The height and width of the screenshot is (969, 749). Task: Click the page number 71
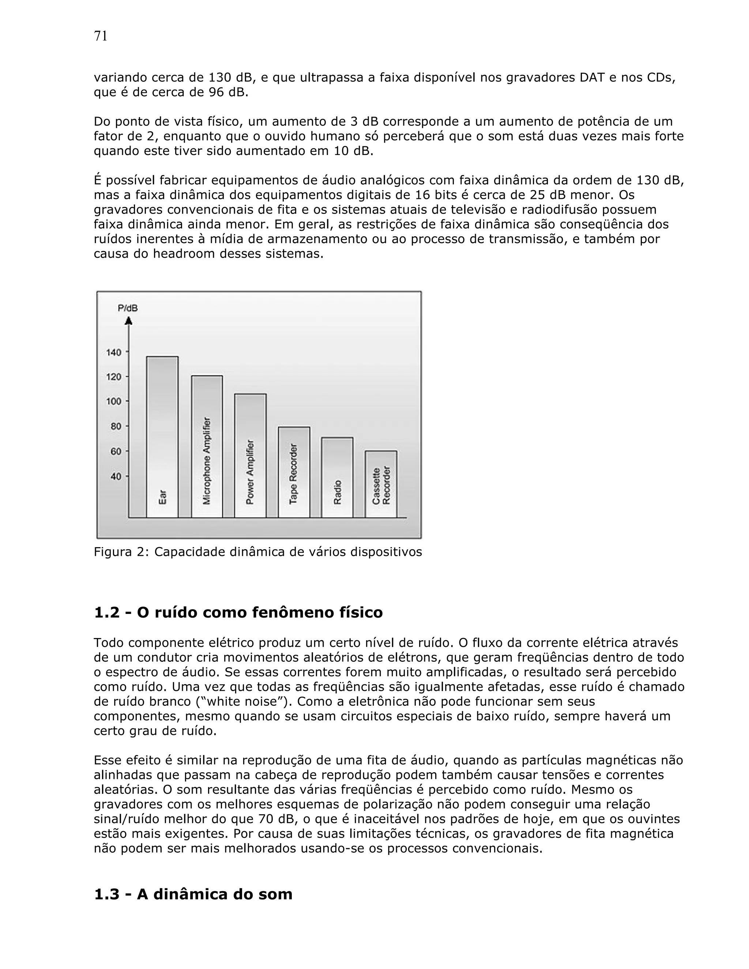tap(101, 36)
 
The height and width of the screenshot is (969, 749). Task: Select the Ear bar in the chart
tap(162, 437)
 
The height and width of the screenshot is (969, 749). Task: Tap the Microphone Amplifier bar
tap(207, 446)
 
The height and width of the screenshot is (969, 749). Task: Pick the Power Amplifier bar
tap(250, 455)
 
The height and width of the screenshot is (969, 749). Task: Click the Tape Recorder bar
tap(294, 472)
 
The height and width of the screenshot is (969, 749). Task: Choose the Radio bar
tap(337, 478)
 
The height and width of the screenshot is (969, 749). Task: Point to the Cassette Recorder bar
tap(381, 484)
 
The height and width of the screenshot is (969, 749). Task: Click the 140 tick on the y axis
tap(114, 352)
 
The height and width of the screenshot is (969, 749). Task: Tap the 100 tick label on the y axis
tap(114, 401)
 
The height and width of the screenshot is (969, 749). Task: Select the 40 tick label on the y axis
tap(115, 476)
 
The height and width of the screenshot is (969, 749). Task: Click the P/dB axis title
tap(128, 308)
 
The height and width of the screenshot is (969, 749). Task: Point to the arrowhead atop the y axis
tap(129, 320)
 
